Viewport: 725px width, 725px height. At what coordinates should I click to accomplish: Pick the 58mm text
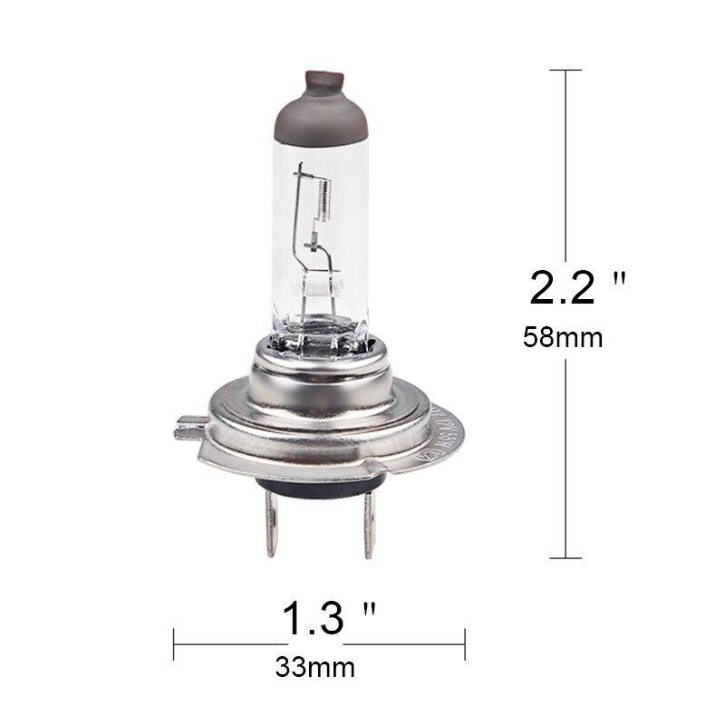pos(563,338)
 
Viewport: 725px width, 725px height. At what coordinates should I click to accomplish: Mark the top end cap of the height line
pos(566,70)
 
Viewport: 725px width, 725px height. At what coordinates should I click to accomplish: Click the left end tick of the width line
pos(173,645)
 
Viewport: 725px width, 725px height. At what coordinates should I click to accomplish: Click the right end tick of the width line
pos(465,645)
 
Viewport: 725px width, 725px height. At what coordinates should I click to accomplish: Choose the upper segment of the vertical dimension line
pos(566,163)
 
